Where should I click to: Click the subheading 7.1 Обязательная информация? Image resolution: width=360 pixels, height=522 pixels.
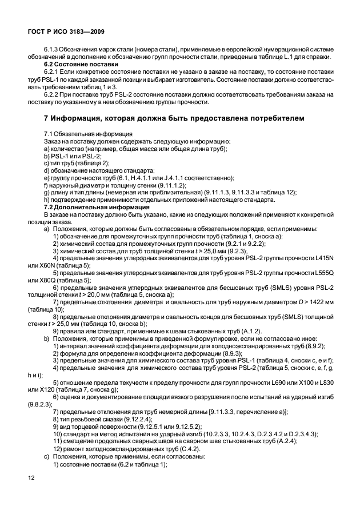pos(84,134)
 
